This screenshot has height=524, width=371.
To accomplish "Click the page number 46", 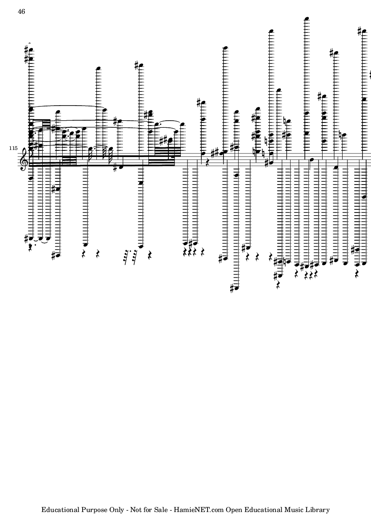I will (21, 12).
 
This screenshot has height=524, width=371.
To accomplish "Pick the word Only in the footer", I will (117, 510).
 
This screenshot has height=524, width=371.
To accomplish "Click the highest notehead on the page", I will (306, 19).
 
